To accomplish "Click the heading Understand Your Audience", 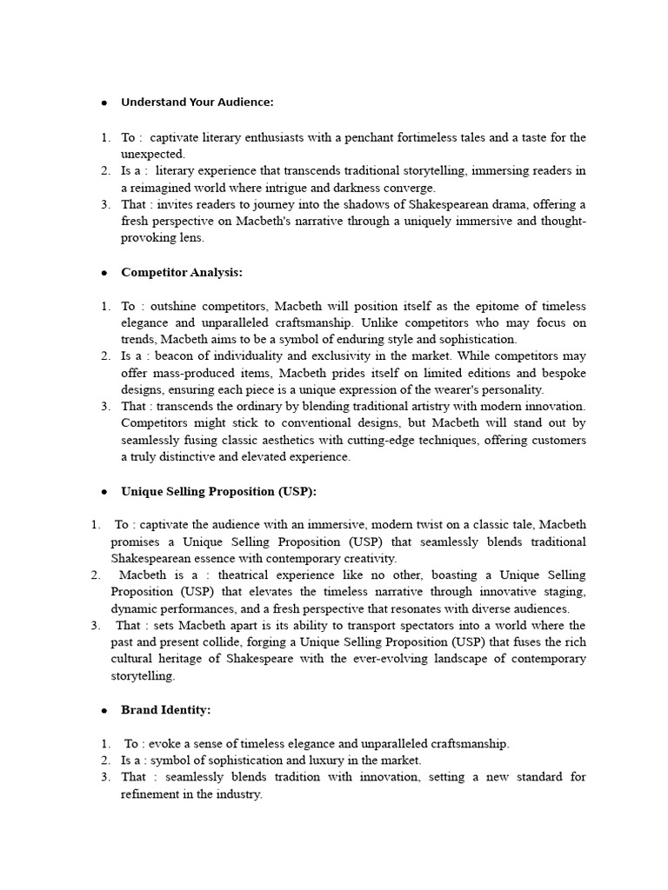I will [x=197, y=103].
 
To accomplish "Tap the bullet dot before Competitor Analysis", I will [x=104, y=273].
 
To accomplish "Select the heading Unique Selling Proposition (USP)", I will [x=218, y=492].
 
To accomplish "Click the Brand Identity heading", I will [x=165, y=710].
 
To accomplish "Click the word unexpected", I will [x=153, y=154].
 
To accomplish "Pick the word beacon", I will [x=184, y=356].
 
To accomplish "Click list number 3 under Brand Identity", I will [x=104, y=777].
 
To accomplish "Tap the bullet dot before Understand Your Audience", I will [x=104, y=103].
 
